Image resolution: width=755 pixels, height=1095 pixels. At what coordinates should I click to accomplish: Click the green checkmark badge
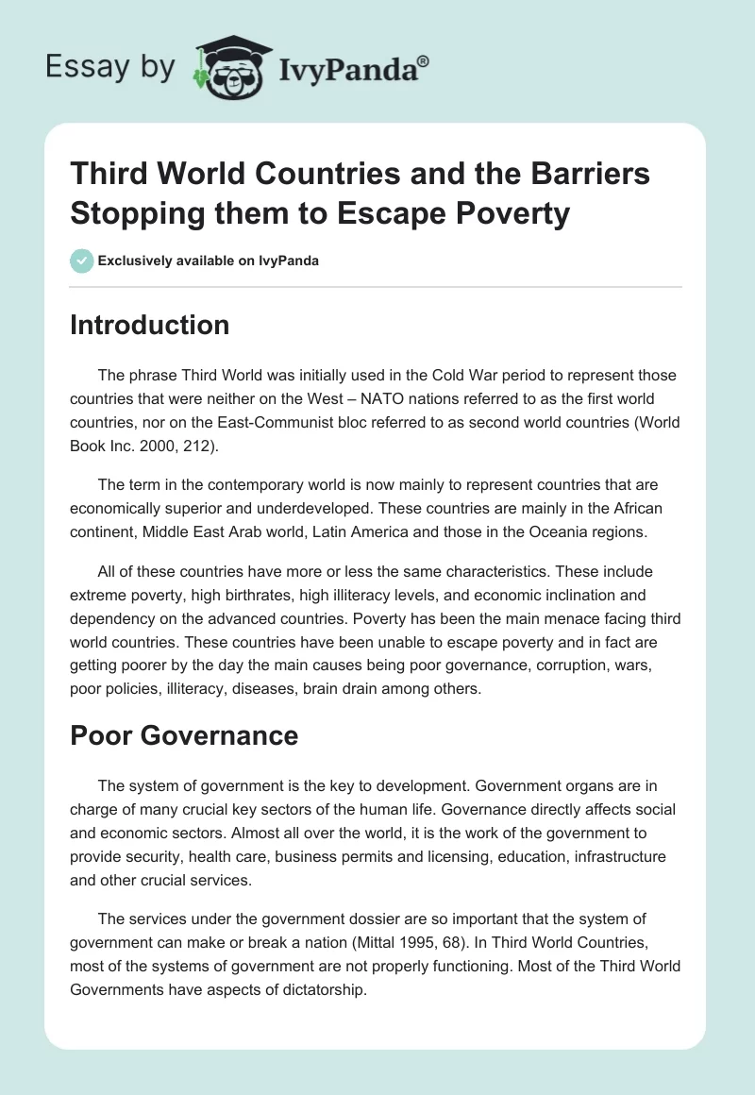point(82,261)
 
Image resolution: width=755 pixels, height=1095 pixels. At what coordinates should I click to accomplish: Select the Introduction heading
point(149,325)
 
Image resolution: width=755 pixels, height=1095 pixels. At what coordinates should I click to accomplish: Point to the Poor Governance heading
point(184,735)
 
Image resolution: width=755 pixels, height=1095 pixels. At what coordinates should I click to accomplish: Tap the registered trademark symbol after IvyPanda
point(425,59)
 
